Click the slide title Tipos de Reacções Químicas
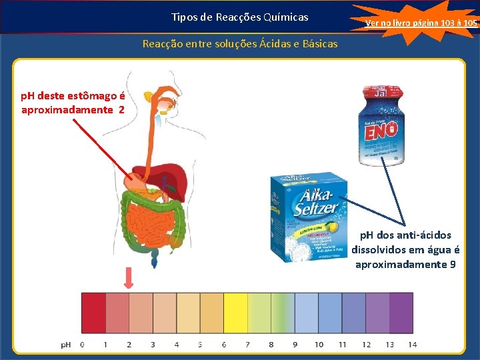coord(239,17)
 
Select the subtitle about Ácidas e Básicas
coord(240,44)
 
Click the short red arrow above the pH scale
coord(129,279)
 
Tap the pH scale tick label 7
coord(247,345)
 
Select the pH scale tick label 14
coord(413,345)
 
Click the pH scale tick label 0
coord(82,345)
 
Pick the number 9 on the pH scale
coord(295,345)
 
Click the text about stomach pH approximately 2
coord(73,103)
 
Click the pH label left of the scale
coord(66,345)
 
